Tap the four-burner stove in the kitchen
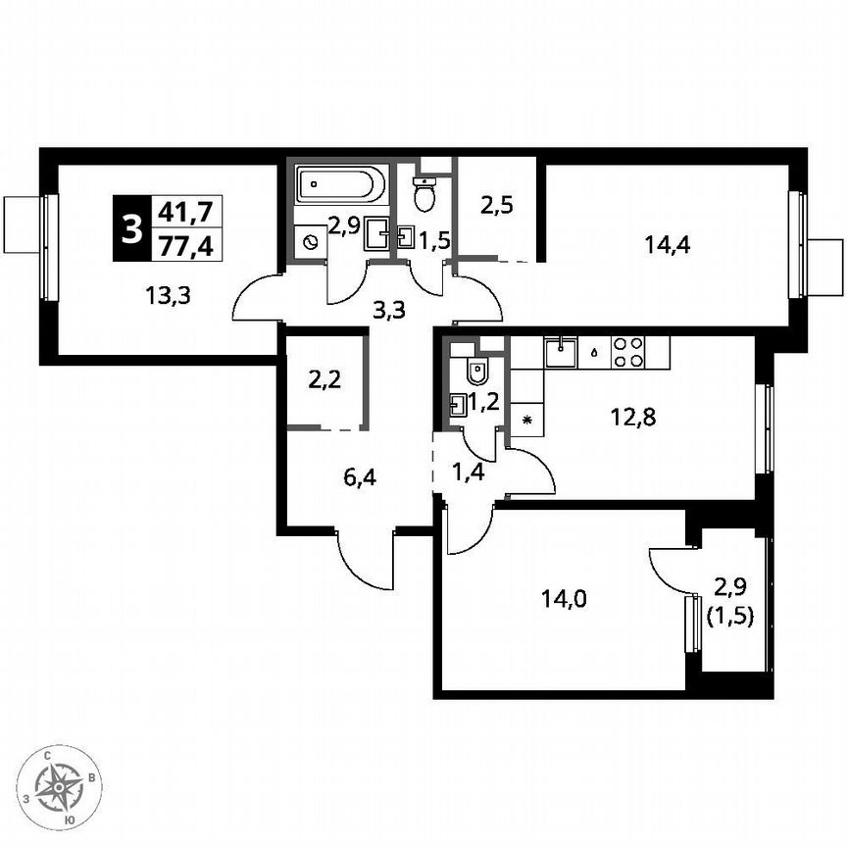(x=627, y=352)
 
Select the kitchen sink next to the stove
(x=563, y=351)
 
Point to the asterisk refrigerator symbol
(x=527, y=421)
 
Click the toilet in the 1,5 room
(x=424, y=196)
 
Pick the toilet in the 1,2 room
(x=477, y=373)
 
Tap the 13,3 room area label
(x=169, y=293)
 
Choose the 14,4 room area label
(x=668, y=245)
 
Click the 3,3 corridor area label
(x=390, y=313)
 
